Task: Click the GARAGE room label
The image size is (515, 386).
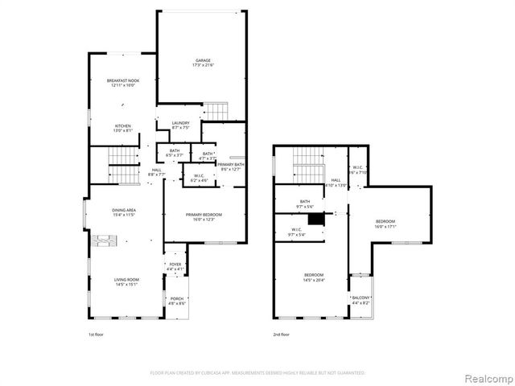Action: click(201, 60)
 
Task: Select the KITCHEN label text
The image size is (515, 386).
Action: click(122, 125)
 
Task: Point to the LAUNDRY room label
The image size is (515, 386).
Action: click(180, 123)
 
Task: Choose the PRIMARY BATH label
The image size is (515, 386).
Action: click(230, 165)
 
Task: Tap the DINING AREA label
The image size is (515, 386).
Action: click(123, 211)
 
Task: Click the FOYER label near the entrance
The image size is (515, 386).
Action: click(175, 264)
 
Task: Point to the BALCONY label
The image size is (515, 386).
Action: click(360, 298)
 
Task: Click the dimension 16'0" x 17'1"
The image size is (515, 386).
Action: click(385, 227)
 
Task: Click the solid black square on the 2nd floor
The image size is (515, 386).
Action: click(318, 218)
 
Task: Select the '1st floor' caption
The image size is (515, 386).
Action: click(97, 334)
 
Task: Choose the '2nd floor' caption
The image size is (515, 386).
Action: click(281, 334)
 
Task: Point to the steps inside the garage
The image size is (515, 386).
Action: click(216, 110)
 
